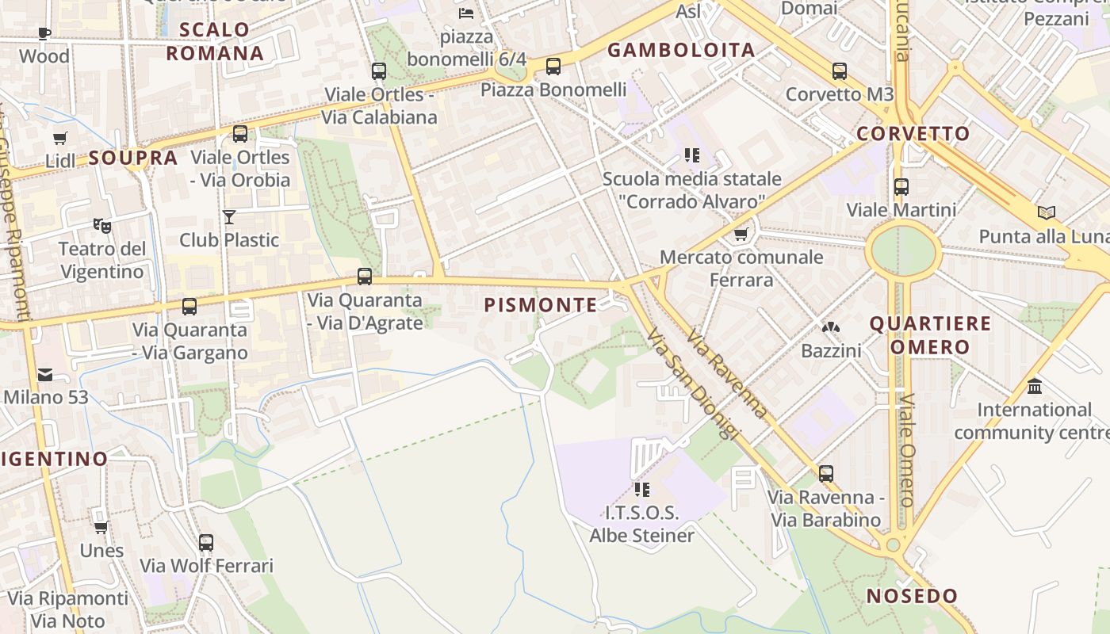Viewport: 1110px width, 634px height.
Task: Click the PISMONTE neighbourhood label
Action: coord(540,305)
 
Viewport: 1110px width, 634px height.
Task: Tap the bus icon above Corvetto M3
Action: coord(840,71)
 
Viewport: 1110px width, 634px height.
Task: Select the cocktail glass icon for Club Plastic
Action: coord(229,216)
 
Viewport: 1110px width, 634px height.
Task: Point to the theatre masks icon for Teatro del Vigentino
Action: coord(102,226)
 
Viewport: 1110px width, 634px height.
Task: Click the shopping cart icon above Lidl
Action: coord(60,138)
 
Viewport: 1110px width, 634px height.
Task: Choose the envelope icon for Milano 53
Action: coord(45,375)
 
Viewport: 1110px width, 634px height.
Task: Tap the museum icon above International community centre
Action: coord(1035,387)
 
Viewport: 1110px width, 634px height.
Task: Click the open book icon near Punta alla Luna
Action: coord(1047,213)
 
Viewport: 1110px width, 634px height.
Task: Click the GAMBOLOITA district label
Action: coord(681,51)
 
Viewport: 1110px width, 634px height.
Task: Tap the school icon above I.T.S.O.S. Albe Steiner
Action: coord(641,490)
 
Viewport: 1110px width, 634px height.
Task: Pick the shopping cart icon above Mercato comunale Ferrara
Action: coord(741,234)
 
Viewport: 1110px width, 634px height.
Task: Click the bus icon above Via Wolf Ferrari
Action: coord(206,543)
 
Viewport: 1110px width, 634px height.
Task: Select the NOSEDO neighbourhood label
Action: coord(912,596)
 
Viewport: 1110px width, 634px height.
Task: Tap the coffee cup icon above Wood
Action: coord(44,33)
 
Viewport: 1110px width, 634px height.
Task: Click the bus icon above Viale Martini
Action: coord(901,187)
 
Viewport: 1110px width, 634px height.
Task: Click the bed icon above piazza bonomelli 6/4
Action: coord(466,13)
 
